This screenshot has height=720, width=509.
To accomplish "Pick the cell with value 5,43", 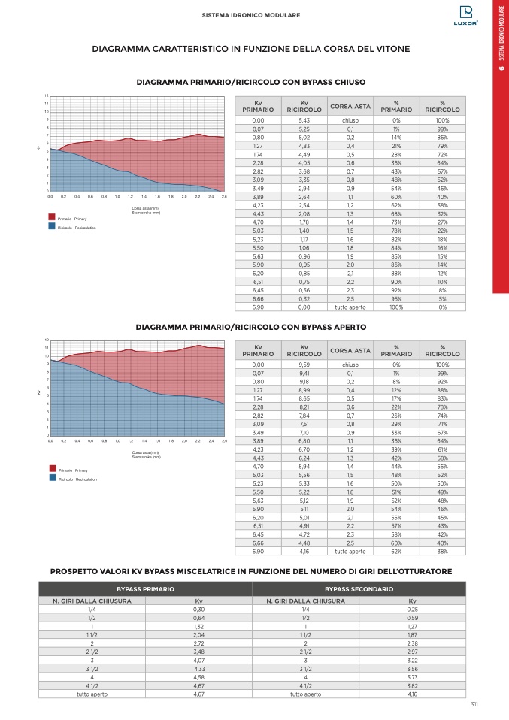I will [304, 120].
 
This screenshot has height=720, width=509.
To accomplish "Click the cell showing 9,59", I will [304, 365].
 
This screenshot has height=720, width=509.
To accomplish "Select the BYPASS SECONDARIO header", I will [359, 589].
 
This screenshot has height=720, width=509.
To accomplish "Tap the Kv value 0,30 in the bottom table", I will [199, 610].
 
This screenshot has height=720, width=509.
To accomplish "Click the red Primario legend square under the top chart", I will [51, 218].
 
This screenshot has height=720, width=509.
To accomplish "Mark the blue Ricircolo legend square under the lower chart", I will [51, 477].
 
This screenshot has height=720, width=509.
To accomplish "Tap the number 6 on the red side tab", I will [501, 71].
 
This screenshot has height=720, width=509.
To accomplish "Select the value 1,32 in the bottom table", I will [199, 627].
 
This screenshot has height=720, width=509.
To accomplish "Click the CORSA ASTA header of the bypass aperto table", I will [350, 350].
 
